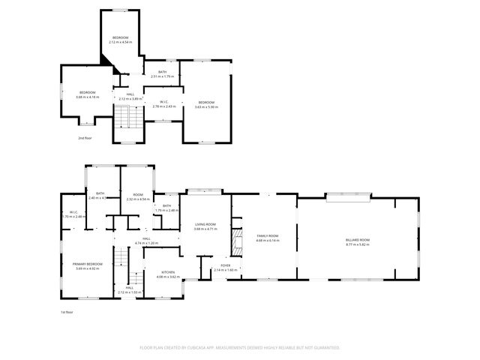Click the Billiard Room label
pos(358,239)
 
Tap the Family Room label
pos(268,235)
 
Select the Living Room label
pos(205,224)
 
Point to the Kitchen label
pos(168,272)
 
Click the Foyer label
pos(225,265)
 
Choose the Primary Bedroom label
pos(87,264)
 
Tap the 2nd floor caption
pos(85,138)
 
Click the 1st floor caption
pos(67,311)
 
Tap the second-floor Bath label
pos(162,72)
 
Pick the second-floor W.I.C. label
pos(163,102)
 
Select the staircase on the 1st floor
pos(121,264)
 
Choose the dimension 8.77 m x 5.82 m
pos(358,244)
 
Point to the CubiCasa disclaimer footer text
pos(240,348)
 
